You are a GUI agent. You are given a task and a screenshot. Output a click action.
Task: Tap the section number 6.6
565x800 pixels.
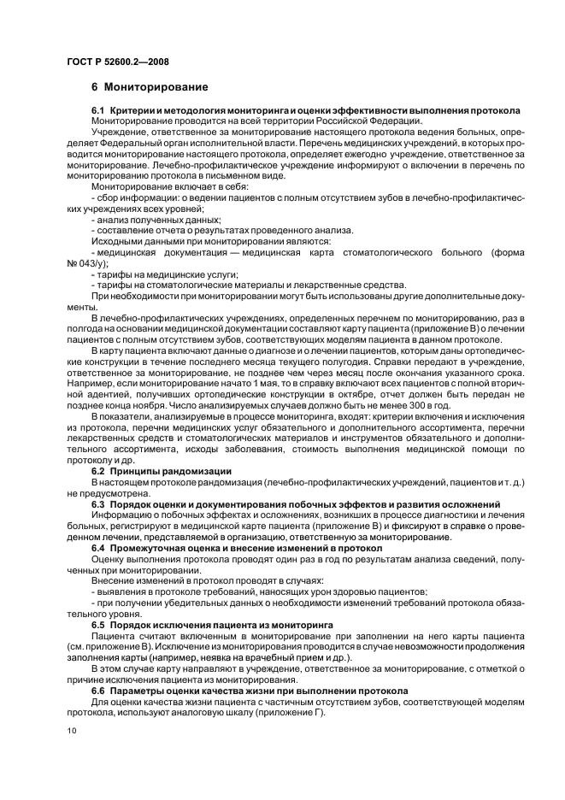[x=100, y=691]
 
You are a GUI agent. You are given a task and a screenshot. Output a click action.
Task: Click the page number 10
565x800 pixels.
[x=72, y=731]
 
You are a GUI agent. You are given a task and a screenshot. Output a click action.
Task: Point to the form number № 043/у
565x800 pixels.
[x=89, y=265]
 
